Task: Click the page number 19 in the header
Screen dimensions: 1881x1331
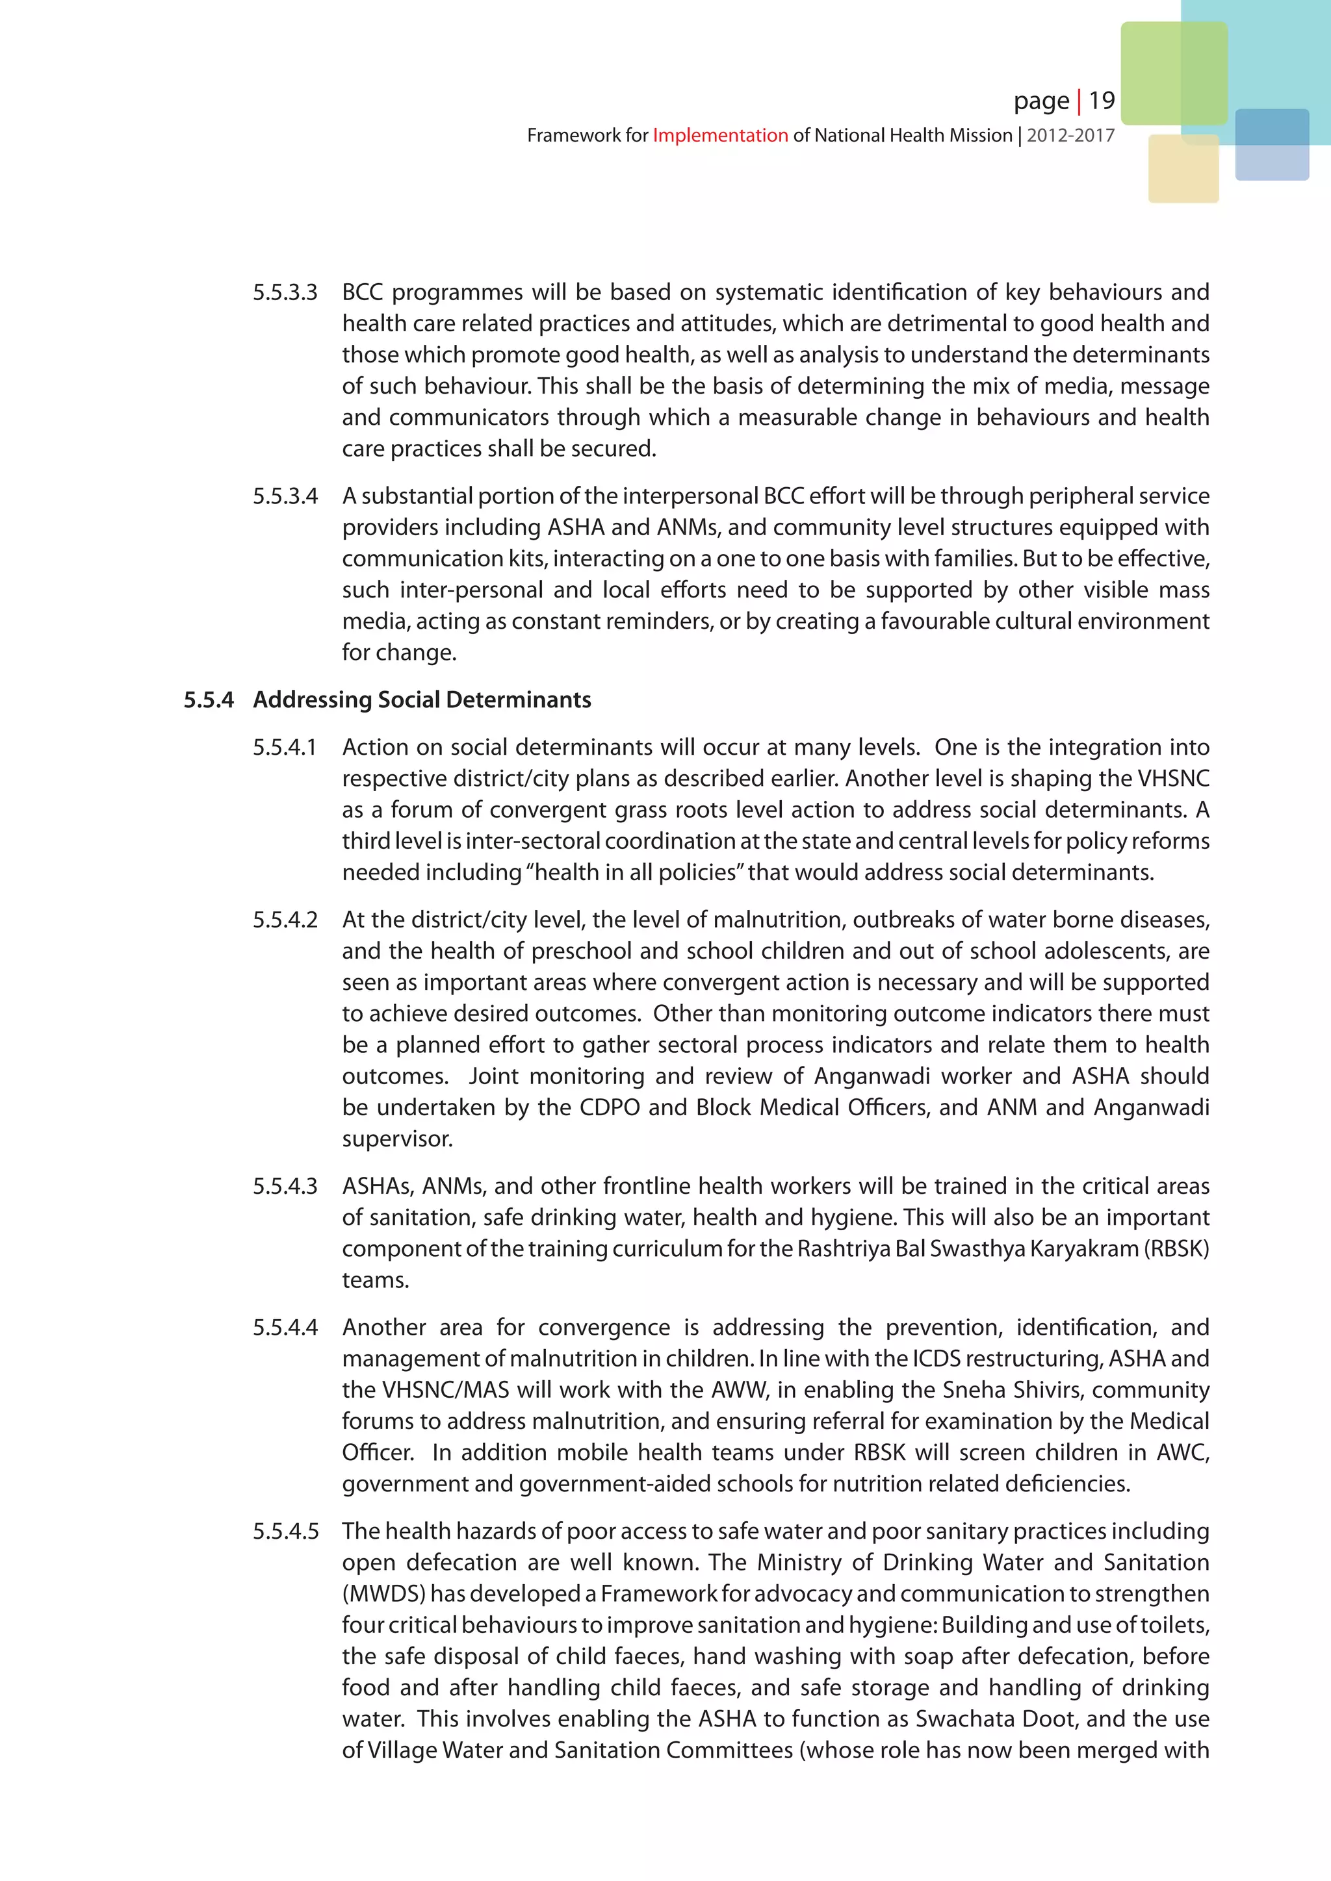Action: pyautogui.click(x=1102, y=101)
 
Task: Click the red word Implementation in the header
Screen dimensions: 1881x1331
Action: pyautogui.click(x=719, y=135)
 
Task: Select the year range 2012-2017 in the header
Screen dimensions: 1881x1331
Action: pyautogui.click(x=1070, y=135)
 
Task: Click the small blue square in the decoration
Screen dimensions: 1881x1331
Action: pyautogui.click(x=1271, y=145)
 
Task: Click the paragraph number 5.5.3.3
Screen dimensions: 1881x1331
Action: pyautogui.click(x=285, y=292)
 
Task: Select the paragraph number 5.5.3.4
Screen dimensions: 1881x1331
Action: pyautogui.click(x=285, y=496)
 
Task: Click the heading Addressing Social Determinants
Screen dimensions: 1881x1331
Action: pyautogui.click(x=422, y=700)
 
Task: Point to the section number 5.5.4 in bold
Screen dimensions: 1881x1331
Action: pyautogui.click(x=208, y=700)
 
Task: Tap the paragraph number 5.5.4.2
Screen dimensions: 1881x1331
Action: pyautogui.click(x=285, y=920)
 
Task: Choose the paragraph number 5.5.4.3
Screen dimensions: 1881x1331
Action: pyautogui.click(x=285, y=1186)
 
